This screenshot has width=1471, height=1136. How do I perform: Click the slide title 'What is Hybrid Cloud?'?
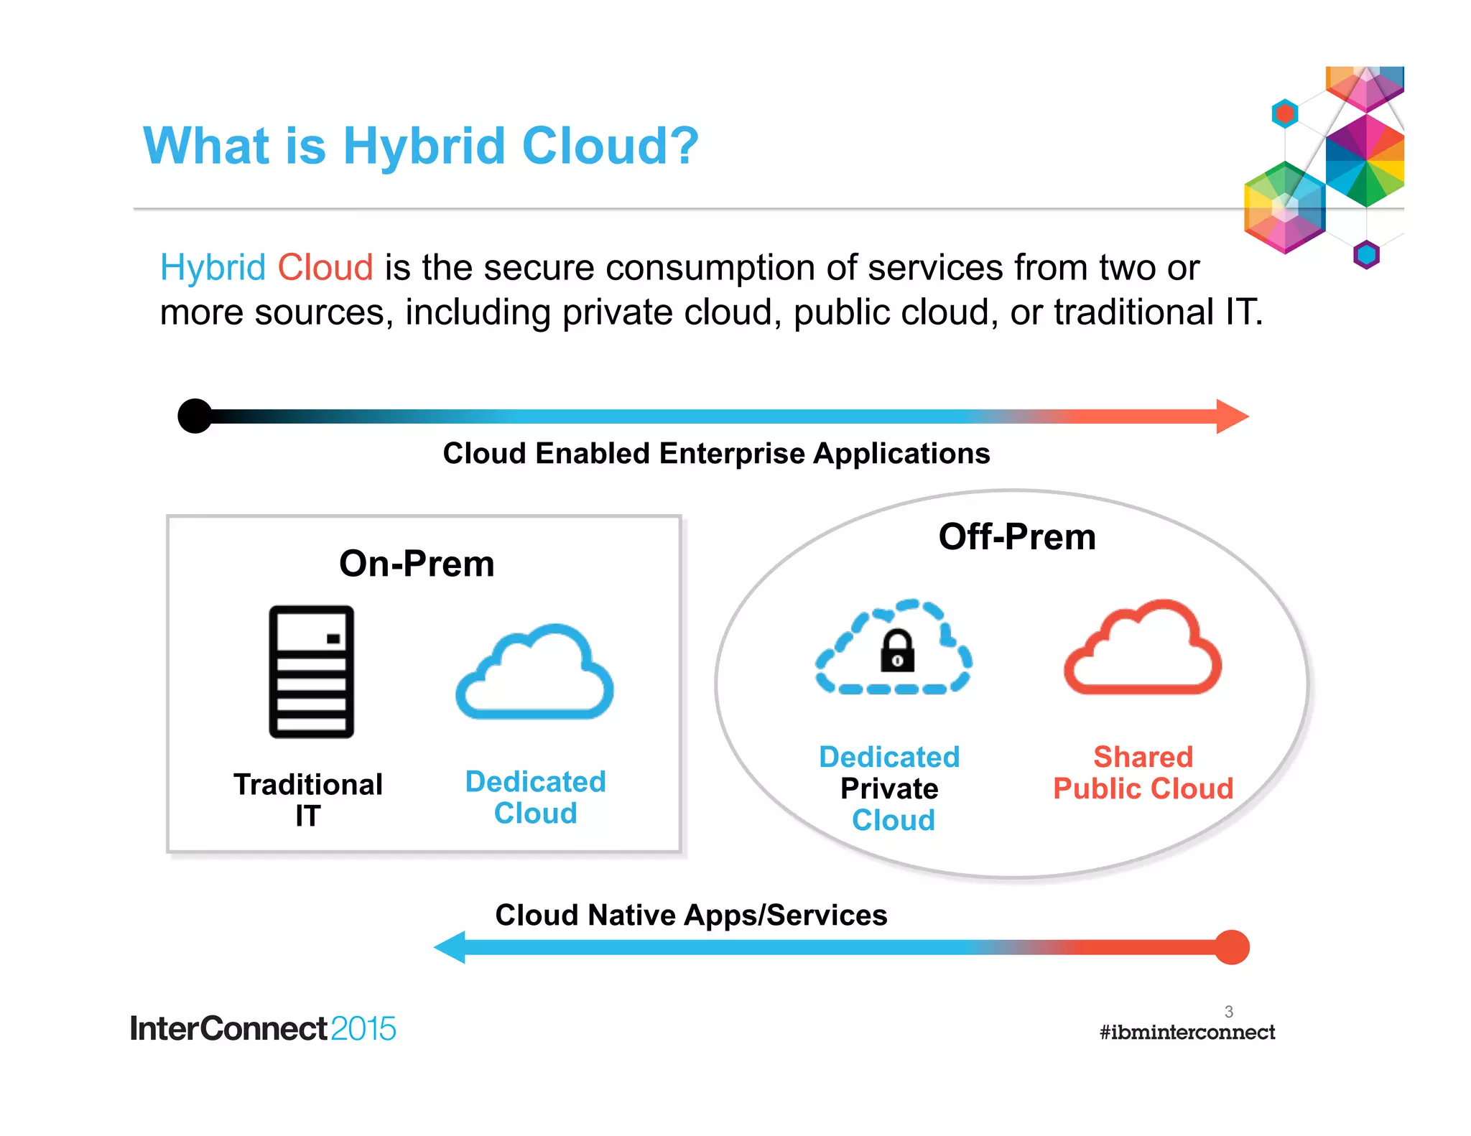(x=420, y=146)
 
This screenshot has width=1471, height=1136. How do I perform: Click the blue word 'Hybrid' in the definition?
(x=213, y=268)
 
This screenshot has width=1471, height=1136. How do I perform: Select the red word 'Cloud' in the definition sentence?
(x=325, y=268)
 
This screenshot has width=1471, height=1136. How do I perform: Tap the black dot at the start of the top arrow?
(x=195, y=416)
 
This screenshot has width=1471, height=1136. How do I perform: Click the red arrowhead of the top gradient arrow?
(x=1231, y=416)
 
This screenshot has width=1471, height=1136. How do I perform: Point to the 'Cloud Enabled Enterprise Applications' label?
(x=716, y=454)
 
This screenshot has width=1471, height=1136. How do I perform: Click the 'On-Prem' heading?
(x=417, y=564)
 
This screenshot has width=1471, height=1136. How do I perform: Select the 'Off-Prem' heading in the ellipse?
(x=1016, y=537)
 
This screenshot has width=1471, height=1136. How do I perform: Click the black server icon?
(x=311, y=671)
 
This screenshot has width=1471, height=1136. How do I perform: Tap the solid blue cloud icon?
(x=535, y=675)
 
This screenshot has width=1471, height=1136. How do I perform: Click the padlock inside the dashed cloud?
(x=897, y=652)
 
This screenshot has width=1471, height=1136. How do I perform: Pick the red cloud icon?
(x=1142, y=650)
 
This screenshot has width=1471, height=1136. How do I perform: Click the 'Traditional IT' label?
(x=308, y=799)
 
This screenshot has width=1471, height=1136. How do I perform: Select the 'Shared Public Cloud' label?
(x=1143, y=773)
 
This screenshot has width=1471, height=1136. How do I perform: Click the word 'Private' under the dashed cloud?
(x=889, y=788)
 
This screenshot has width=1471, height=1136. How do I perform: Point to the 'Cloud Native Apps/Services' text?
(x=691, y=916)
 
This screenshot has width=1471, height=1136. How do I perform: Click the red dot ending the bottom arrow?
(x=1232, y=947)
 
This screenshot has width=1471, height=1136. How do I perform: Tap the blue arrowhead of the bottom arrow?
(x=451, y=947)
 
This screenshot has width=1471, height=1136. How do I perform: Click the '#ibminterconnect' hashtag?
(x=1187, y=1033)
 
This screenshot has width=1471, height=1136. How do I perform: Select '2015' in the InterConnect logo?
(x=363, y=1029)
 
